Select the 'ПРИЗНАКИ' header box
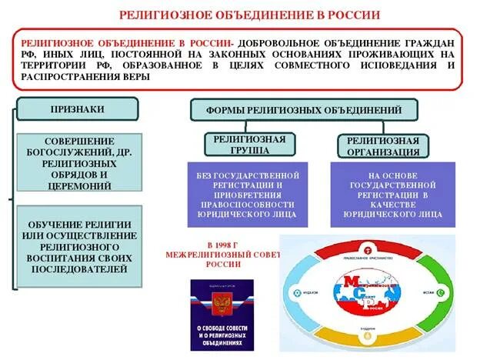point(77,109)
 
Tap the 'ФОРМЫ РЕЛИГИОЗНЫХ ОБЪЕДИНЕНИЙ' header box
point(304,110)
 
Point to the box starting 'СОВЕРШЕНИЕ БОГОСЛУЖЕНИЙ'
point(78,163)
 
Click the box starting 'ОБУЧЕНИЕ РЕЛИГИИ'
point(78,246)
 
